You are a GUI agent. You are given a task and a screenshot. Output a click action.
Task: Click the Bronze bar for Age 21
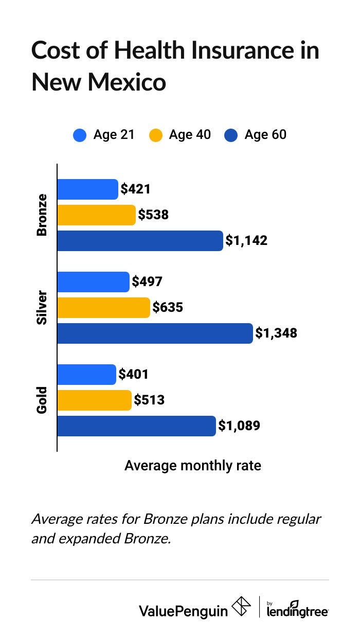tap(87, 189)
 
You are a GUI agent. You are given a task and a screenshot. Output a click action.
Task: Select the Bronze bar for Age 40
tap(96, 215)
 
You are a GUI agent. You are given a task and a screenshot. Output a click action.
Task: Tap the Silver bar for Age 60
tap(155, 333)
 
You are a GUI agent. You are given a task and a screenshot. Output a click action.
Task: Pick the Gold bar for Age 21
tap(86, 375)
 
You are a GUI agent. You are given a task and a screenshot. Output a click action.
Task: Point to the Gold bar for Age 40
tap(94, 400)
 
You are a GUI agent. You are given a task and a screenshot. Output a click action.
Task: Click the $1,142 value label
tap(247, 240)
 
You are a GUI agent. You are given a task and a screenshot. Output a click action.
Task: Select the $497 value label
tap(147, 281)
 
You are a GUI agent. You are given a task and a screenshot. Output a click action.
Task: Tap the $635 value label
tap(168, 308)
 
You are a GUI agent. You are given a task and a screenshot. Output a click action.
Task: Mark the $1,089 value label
tap(239, 426)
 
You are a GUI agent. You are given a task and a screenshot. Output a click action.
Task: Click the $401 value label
tap(134, 374)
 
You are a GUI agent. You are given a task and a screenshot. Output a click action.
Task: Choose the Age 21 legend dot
tap(80, 135)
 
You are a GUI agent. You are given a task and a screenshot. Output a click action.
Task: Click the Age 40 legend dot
tap(155, 135)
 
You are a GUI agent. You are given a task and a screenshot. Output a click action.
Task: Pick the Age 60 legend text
tap(265, 135)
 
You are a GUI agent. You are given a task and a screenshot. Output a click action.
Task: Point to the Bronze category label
tap(42, 215)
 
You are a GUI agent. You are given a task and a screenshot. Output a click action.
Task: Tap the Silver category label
tap(42, 308)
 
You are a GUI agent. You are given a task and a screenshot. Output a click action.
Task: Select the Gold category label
tap(42, 400)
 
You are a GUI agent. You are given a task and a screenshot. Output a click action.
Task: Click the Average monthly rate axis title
tap(193, 466)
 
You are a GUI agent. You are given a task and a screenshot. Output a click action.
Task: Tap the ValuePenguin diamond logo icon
tap(242, 607)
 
